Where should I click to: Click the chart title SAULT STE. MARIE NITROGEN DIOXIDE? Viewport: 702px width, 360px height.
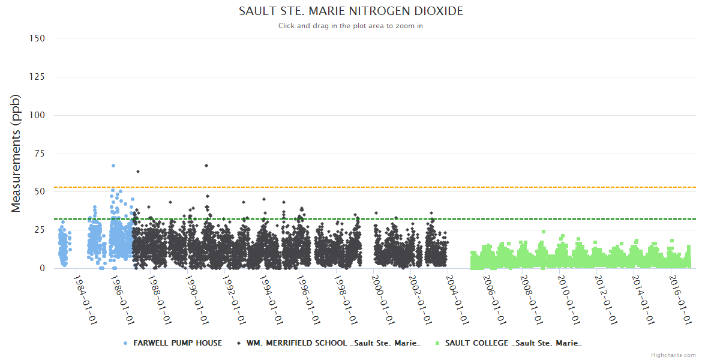[351, 11]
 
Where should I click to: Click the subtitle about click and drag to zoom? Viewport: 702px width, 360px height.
[351, 26]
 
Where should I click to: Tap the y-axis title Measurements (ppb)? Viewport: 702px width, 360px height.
[16, 154]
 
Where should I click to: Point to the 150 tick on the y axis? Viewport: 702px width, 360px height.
[37, 38]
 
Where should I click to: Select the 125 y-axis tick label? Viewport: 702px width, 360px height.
[37, 77]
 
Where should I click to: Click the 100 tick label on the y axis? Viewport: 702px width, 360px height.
[37, 115]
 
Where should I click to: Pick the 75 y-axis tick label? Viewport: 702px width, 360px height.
[40, 154]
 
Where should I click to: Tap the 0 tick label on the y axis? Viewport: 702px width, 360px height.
[42, 268]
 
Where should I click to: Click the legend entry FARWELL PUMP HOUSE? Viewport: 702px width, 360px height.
[172, 343]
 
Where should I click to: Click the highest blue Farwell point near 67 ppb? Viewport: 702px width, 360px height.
[113, 166]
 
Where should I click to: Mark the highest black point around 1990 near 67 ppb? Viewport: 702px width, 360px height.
[206, 166]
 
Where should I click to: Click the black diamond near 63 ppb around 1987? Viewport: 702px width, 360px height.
[138, 172]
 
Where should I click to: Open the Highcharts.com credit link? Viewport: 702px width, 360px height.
[673, 355]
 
